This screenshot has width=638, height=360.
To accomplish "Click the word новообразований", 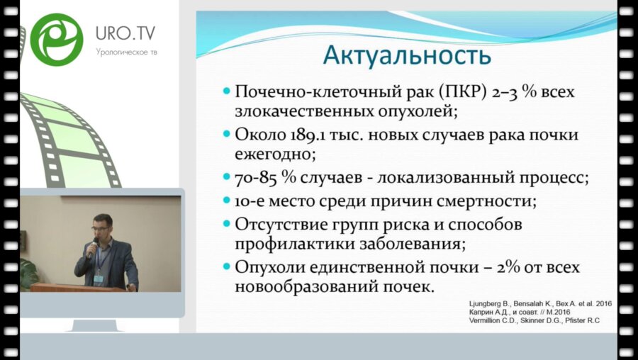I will (x=305, y=288).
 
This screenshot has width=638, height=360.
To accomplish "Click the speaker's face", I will (x=102, y=228).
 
